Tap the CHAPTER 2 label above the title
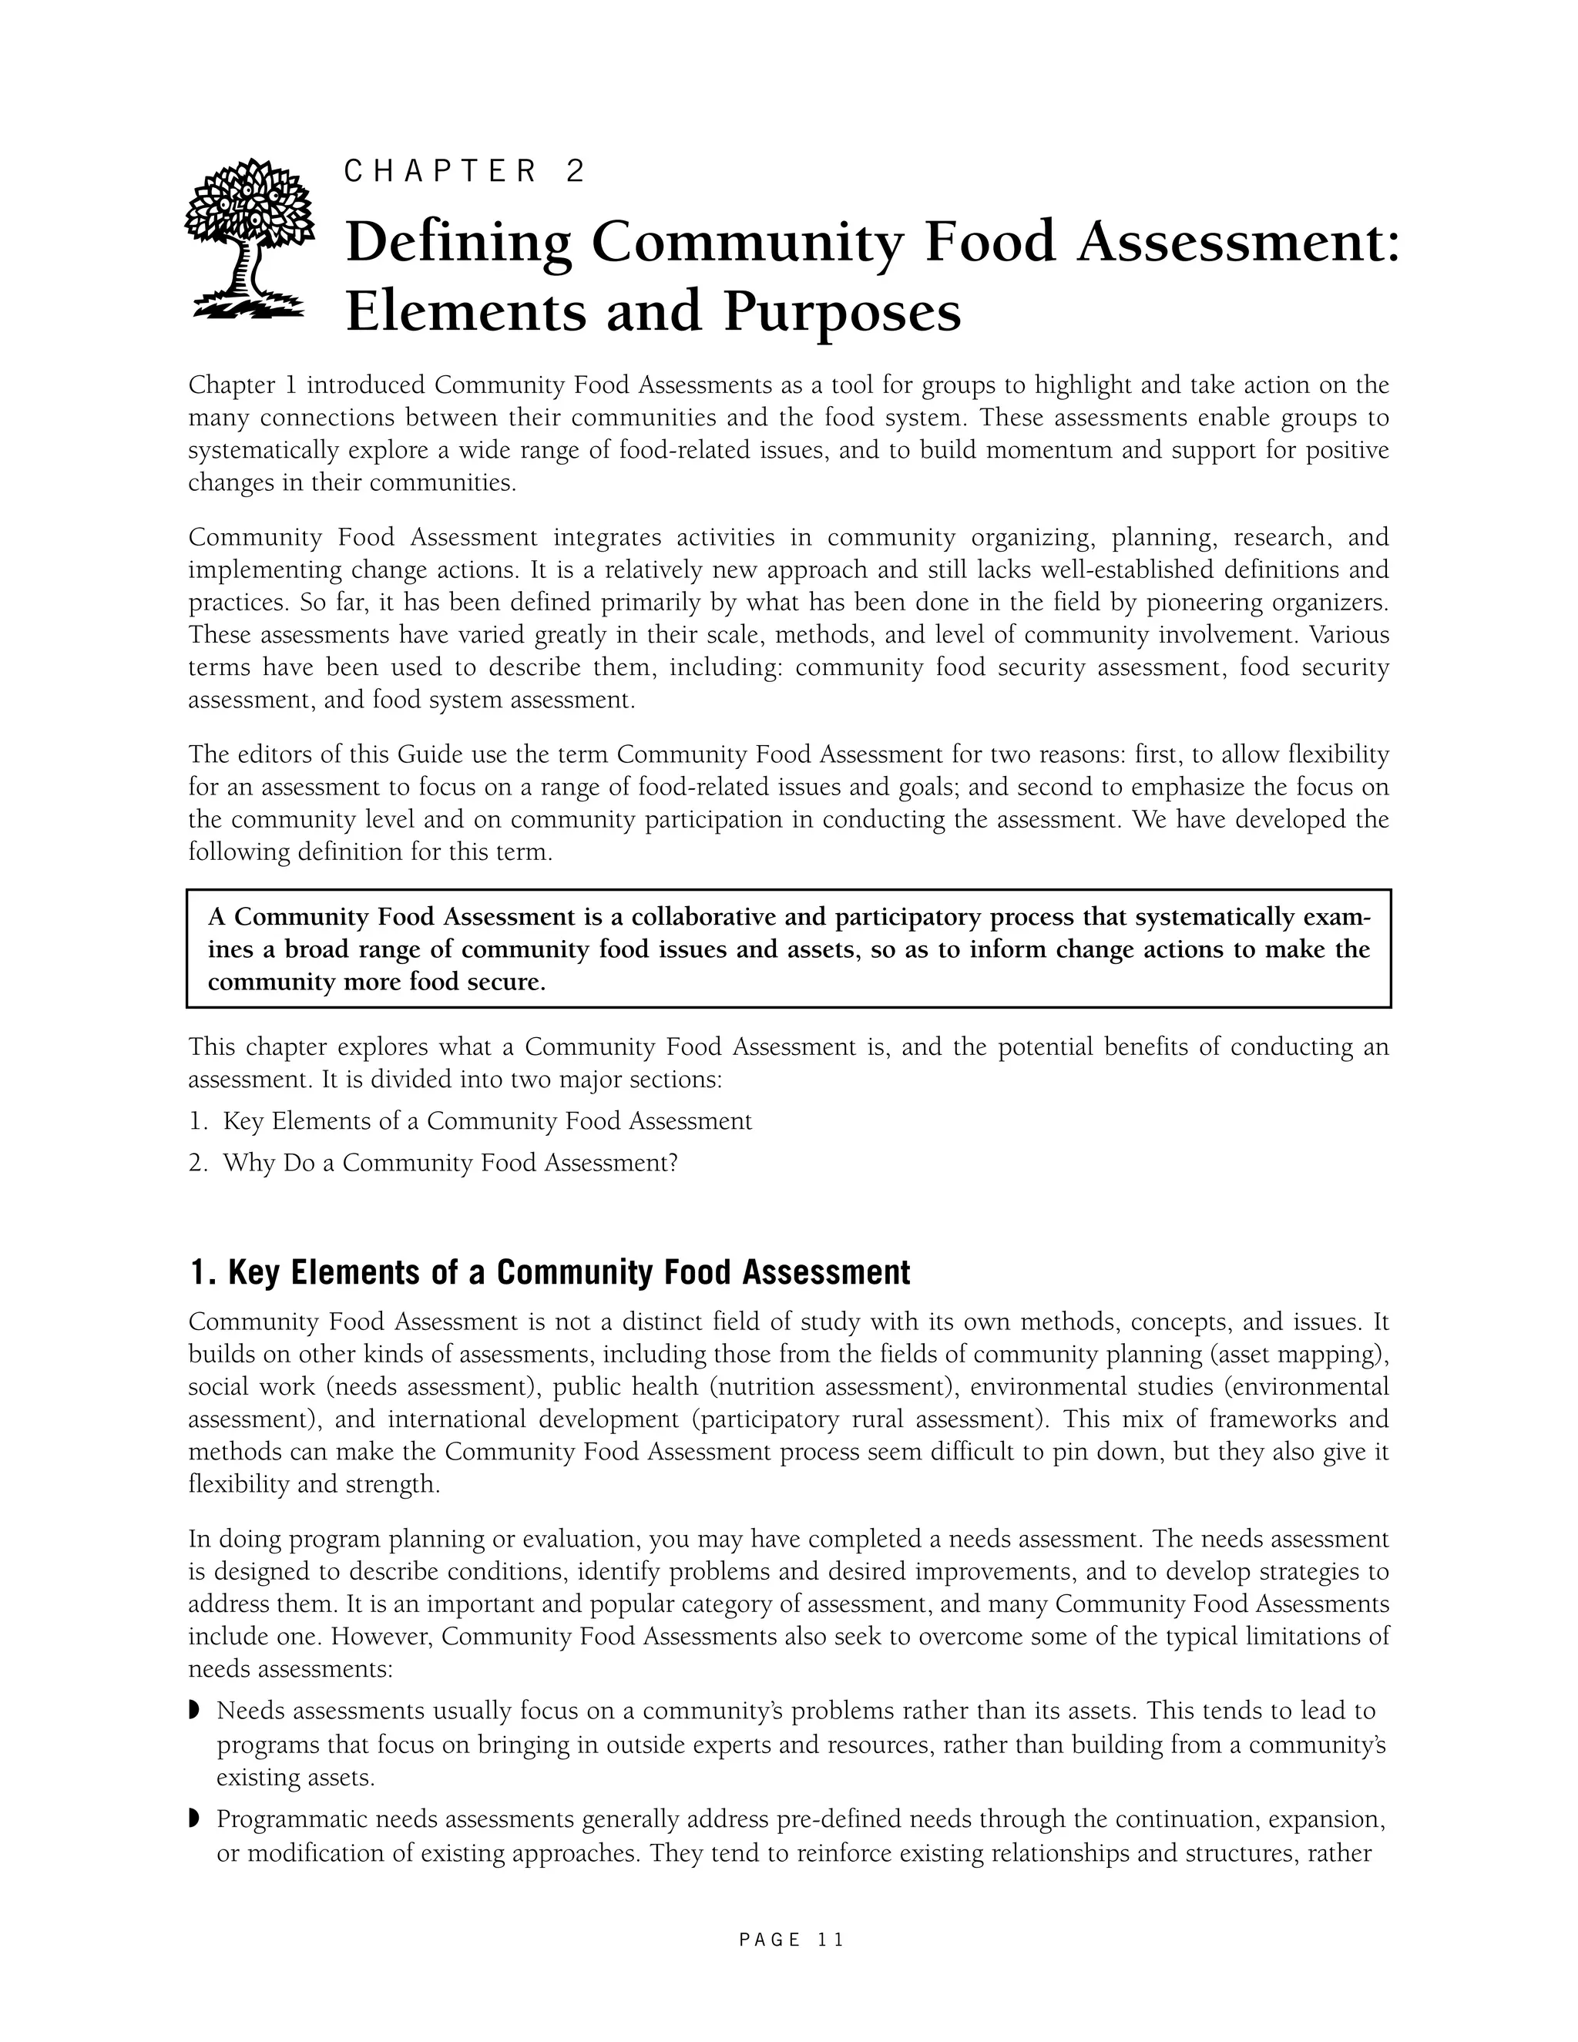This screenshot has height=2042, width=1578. [465, 171]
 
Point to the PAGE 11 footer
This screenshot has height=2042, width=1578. [791, 1940]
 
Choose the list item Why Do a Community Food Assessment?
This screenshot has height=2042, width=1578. [450, 1163]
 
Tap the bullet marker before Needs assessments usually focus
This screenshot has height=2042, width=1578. [194, 1711]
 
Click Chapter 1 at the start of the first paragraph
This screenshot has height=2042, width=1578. [242, 385]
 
